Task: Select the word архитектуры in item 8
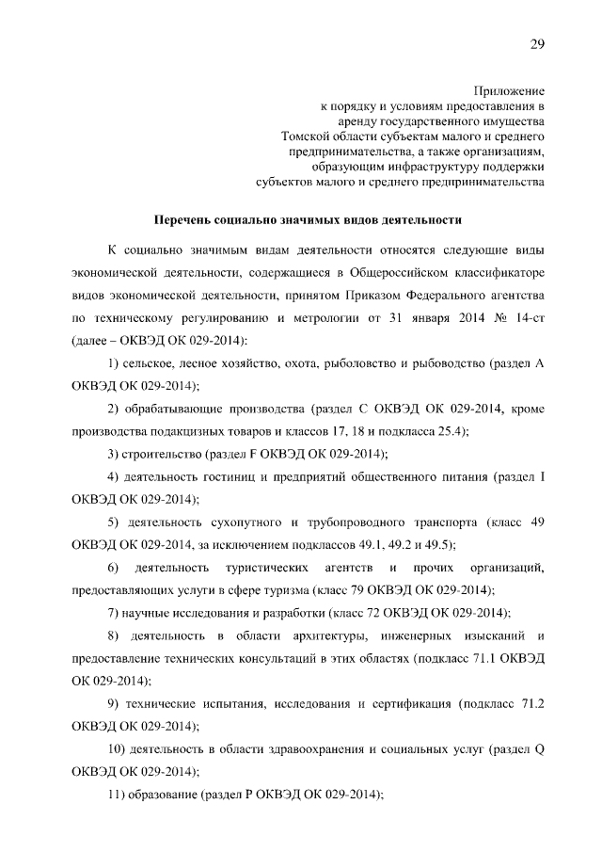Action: click(x=280, y=635)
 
